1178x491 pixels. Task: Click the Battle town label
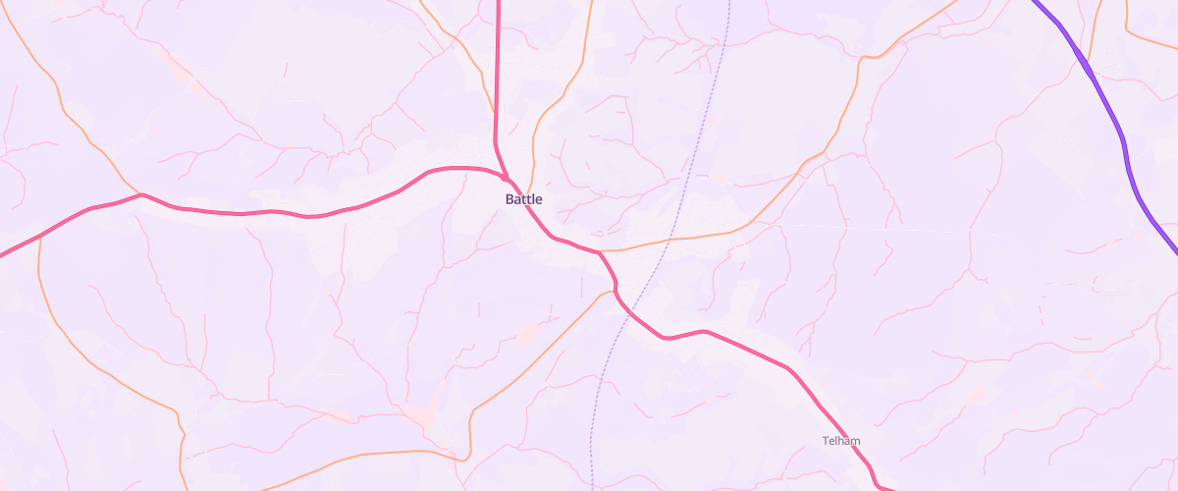(x=523, y=199)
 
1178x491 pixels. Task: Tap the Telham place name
(x=841, y=441)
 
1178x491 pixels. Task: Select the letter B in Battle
(x=509, y=199)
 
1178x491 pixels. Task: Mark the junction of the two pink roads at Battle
(x=506, y=179)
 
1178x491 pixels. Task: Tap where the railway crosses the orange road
(x=669, y=240)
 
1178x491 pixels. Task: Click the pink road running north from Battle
(x=498, y=79)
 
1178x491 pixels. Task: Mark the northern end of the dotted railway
(x=730, y=2)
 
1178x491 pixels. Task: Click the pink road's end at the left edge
(x=2, y=255)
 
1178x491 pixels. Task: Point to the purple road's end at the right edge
(x=1175, y=250)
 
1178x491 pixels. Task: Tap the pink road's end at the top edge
(x=498, y=2)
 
